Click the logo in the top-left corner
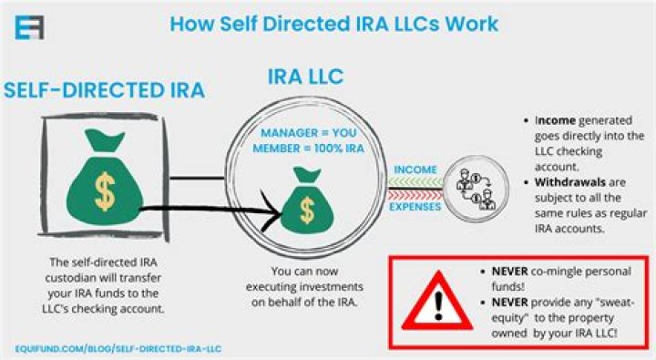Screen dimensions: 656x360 pyautogui.click(x=29, y=24)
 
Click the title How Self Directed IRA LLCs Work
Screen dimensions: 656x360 pyautogui.click(x=334, y=23)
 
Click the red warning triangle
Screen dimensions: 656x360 pyautogui.click(x=435, y=301)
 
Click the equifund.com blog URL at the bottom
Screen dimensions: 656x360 pyautogui.click(x=118, y=349)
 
